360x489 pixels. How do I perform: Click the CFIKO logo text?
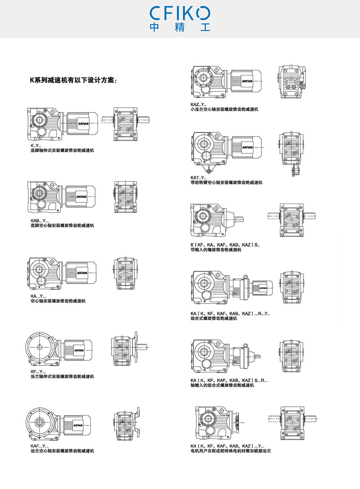180,13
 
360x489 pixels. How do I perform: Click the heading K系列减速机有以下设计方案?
73,80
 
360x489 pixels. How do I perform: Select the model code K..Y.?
36,145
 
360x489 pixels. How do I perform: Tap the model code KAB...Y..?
40,221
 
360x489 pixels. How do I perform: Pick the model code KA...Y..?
39,296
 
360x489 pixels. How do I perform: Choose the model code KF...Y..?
38,371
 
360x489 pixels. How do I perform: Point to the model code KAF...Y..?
40,446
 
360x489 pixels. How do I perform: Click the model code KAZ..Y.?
198,105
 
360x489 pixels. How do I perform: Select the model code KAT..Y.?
198,178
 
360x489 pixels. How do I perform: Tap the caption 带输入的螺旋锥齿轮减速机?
216,250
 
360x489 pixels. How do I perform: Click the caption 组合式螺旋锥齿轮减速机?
214,318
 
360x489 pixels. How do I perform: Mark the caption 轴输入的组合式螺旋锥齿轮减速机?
222,385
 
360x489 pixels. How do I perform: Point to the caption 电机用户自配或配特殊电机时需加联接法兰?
231,451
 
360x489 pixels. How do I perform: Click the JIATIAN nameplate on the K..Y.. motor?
83,124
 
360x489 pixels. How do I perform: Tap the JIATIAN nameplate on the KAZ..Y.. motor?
247,81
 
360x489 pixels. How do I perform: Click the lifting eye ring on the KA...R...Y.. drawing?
246,277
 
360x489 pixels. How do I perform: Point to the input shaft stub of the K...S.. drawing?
240,219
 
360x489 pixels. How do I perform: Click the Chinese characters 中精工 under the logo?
180,27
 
